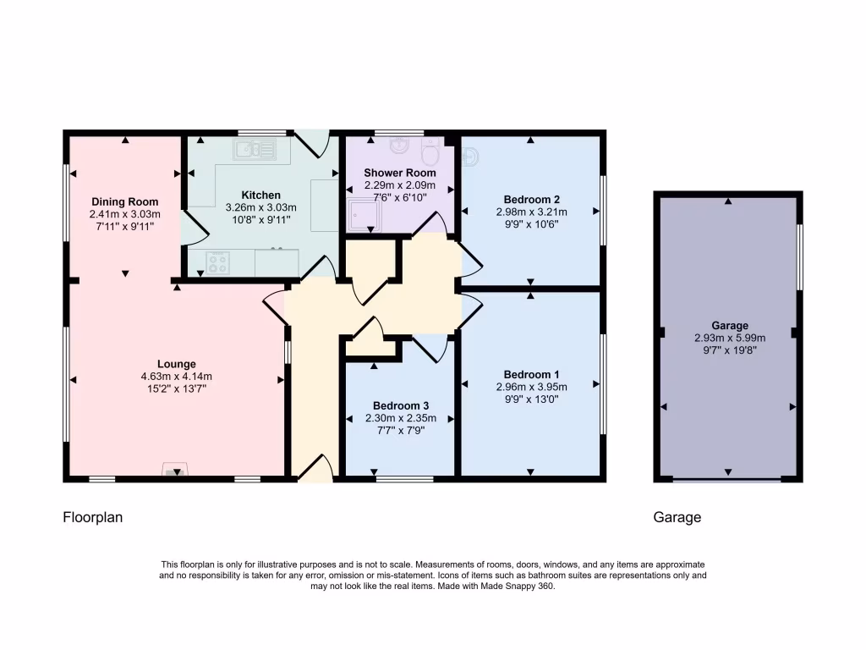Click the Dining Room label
[x=125, y=201]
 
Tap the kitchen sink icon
[x=255, y=151]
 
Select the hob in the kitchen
[x=218, y=262]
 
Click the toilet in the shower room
[x=430, y=155]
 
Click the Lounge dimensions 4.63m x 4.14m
[x=176, y=377]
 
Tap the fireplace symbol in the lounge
[x=176, y=471]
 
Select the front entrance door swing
[x=315, y=468]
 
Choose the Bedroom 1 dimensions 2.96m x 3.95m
[x=531, y=387]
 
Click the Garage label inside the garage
[x=729, y=325]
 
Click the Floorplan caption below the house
[x=93, y=517]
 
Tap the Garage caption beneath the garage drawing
[x=677, y=517]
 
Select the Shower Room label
[x=400, y=173]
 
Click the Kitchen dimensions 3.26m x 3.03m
[x=260, y=207]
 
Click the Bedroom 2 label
[x=531, y=199]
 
